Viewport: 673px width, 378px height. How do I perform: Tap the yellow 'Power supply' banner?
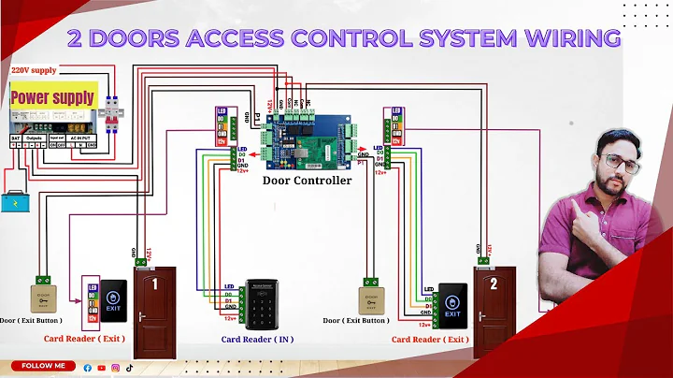coord(52,96)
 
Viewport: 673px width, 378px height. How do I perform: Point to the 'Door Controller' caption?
coord(307,180)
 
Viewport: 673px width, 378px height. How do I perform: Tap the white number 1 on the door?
coord(152,283)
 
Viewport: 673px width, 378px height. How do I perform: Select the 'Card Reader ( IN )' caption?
coord(257,339)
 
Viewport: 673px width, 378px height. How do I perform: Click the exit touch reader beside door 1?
coord(113,296)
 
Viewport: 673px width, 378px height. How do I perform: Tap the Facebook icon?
coord(88,368)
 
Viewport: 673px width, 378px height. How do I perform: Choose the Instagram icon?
coord(115,368)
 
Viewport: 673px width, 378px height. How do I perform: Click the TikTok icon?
coord(129,368)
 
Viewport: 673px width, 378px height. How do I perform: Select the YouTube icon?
coord(101,368)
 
